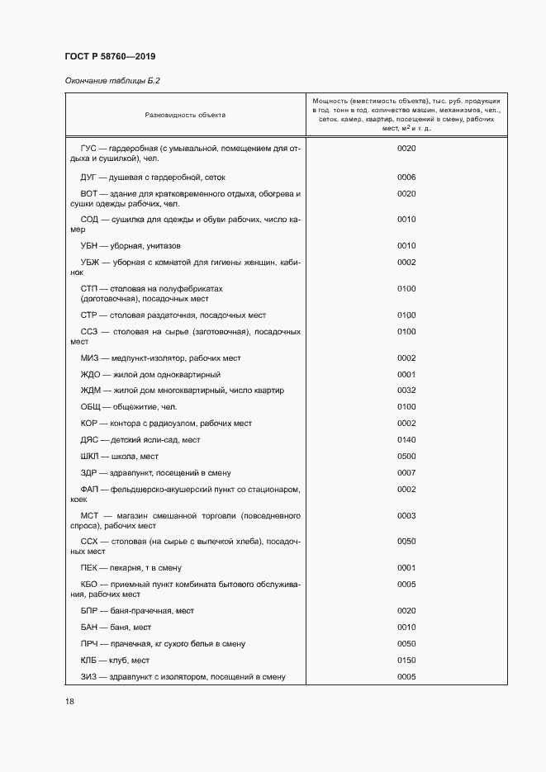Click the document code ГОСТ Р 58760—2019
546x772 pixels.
click(109, 56)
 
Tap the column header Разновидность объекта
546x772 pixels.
click(185, 115)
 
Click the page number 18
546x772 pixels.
click(69, 701)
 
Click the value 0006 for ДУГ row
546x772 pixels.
click(406, 178)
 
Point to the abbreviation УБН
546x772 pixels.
click(89, 246)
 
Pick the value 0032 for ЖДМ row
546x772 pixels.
click(406, 391)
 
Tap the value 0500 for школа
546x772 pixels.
click(406, 457)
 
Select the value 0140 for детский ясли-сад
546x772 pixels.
click(406, 440)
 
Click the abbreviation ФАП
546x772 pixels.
click(89, 490)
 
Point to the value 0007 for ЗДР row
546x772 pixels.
click(406, 473)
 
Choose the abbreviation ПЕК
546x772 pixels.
click(88, 568)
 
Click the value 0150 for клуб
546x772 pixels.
click(406, 661)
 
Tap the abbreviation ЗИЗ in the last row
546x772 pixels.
click(88, 677)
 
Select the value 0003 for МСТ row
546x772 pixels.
click(406, 515)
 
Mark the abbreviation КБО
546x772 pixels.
click(89, 585)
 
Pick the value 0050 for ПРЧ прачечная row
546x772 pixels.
click(406, 644)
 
